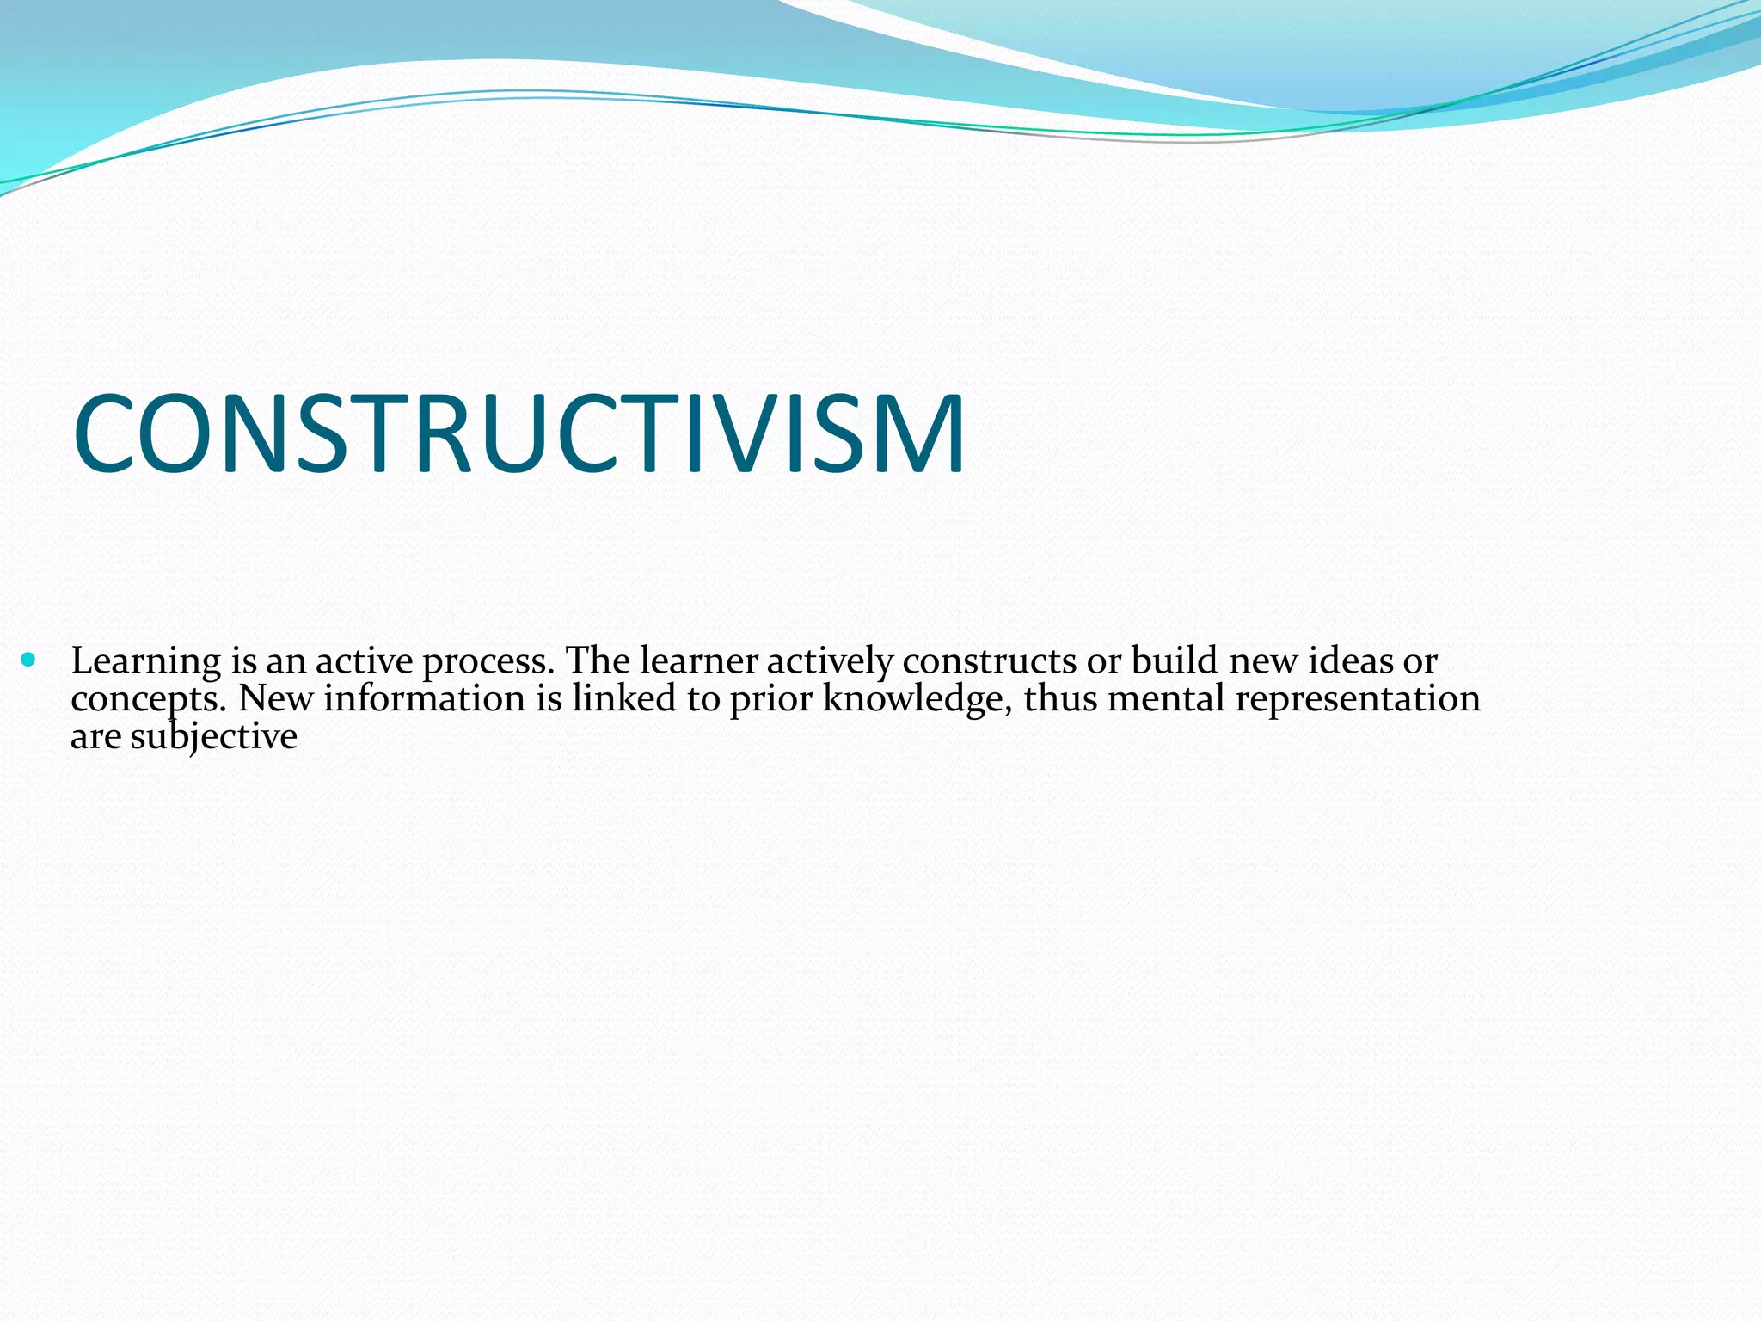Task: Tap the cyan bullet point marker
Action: pos(29,660)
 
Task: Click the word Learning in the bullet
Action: pos(146,662)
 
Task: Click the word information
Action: pos(424,698)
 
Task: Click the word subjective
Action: pos(213,737)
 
